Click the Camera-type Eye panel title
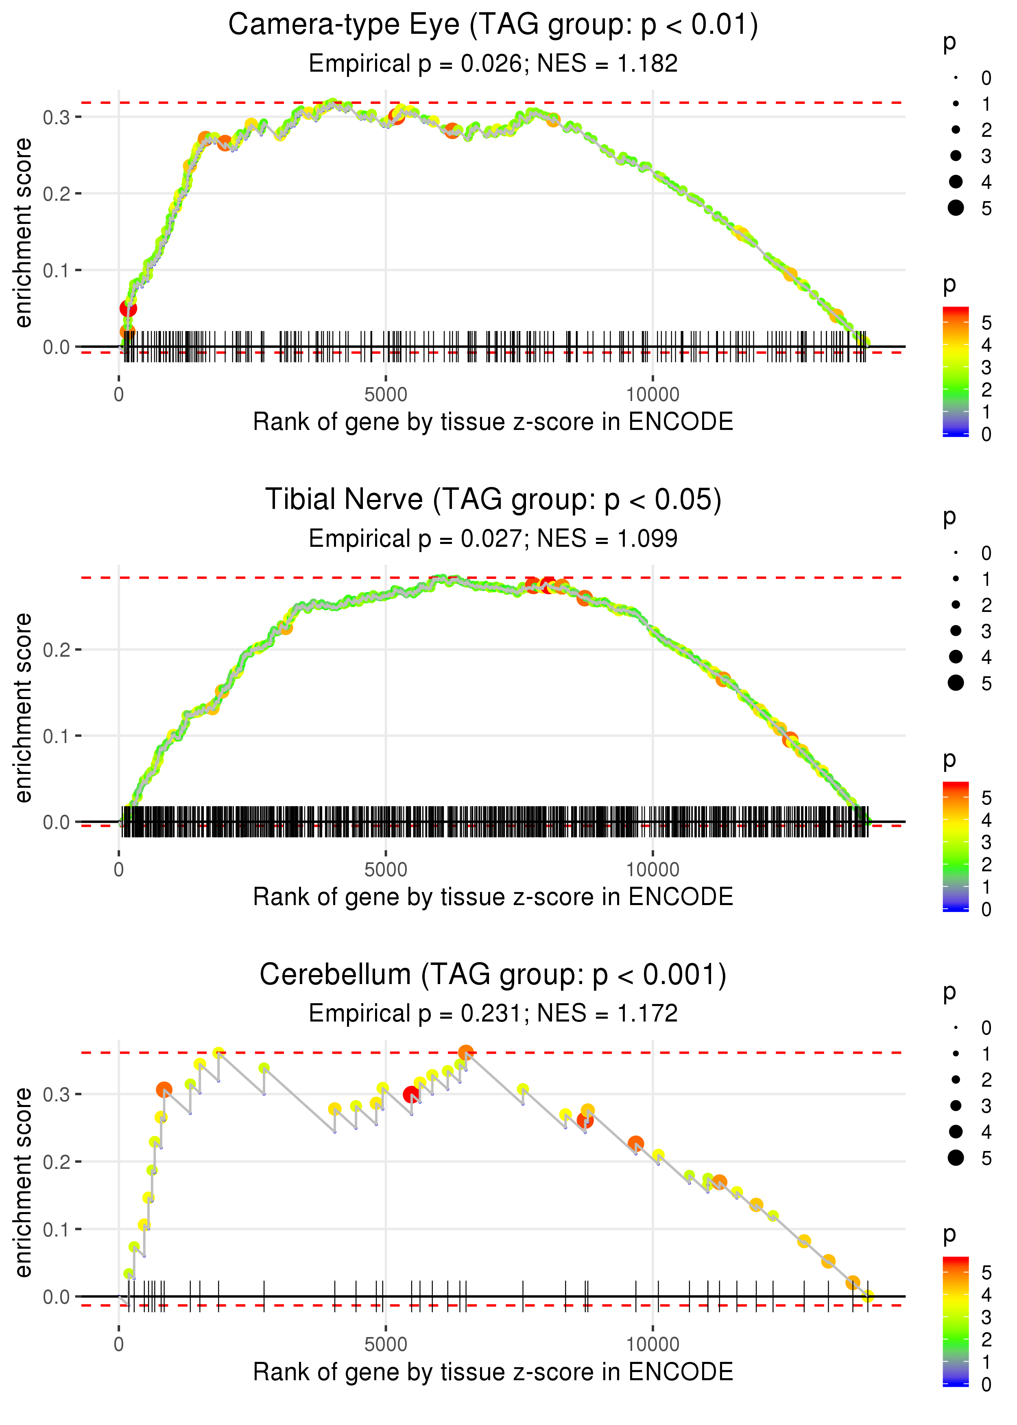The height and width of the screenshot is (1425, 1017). [x=493, y=25]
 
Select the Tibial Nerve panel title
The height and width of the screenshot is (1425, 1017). [x=493, y=500]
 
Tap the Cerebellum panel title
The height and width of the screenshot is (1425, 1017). [x=493, y=975]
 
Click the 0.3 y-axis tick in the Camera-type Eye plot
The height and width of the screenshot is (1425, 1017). [x=57, y=117]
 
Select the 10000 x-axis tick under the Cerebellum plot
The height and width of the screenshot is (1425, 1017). [x=653, y=1344]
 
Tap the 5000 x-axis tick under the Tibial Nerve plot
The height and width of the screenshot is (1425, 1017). [x=386, y=869]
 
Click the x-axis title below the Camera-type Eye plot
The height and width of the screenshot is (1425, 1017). [x=493, y=422]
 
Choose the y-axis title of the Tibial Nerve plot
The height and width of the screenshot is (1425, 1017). [x=23, y=708]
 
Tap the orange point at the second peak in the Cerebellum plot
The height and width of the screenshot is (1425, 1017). [x=465, y=1052]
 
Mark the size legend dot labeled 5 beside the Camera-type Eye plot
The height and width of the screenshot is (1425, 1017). [x=956, y=207]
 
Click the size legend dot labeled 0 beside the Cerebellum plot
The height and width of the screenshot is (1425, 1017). [x=956, y=1028]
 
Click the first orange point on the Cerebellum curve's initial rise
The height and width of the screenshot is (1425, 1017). [x=164, y=1090]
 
